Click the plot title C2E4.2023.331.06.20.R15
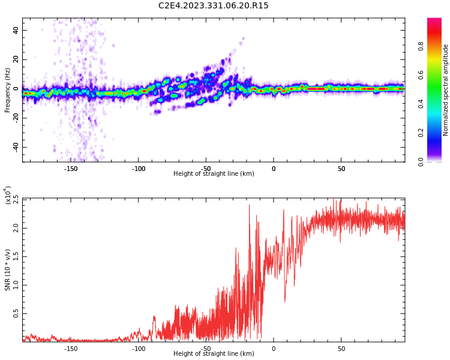(x=213, y=5)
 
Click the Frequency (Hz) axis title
(x=7, y=90)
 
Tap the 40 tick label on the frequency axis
(x=16, y=30)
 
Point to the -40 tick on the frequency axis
(x=16, y=148)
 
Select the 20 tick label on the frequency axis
(x=16, y=59)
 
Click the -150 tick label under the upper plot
(x=71, y=169)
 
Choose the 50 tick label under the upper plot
(x=341, y=169)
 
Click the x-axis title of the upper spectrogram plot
(x=214, y=173)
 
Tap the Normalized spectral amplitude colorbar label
(x=445, y=90)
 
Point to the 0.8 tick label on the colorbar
(x=421, y=46)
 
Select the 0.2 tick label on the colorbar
(x=421, y=133)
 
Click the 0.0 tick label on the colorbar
(x=421, y=162)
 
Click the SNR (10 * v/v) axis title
(x=7, y=269)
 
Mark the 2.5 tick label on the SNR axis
(x=16, y=200)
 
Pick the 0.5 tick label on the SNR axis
(x=16, y=313)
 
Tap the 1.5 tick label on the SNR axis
(x=16, y=257)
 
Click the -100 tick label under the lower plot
(x=139, y=349)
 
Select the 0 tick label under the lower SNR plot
(x=274, y=349)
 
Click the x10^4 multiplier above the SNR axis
(x=8, y=196)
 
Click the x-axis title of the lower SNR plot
(x=214, y=353)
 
